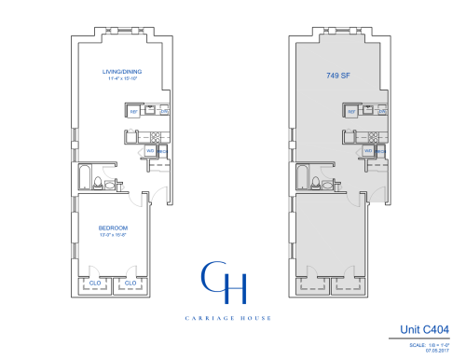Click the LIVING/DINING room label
tap(121, 72)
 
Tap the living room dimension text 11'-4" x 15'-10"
tap(121, 79)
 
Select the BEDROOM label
tap(113, 228)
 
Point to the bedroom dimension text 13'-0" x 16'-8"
tap(113, 235)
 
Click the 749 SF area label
tap(338, 76)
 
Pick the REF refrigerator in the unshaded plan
tap(133, 112)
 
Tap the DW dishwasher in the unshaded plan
tap(163, 112)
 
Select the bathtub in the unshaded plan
tap(85, 177)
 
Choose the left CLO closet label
tap(96, 283)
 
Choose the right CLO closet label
tap(130, 283)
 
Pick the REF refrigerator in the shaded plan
tap(351, 112)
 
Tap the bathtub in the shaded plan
tap(303, 177)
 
